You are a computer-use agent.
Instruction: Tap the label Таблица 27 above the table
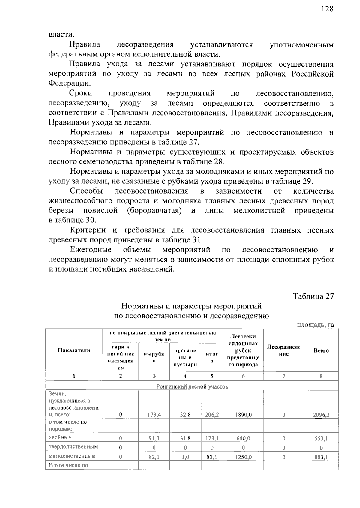pyautogui.click(x=313, y=296)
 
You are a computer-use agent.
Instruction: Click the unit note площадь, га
pyautogui.click(x=315, y=325)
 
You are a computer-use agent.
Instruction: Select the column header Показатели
pyautogui.click(x=74, y=350)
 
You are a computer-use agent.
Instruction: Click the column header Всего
pyautogui.click(x=321, y=350)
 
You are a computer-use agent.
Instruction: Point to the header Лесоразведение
pyautogui.click(x=283, y=350)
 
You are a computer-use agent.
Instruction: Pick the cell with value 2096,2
pyautogui.click(x=321, y=415)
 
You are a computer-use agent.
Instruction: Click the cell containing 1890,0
pyautogui.click(x=243, y=415)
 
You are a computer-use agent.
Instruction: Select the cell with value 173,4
pyautogui.click(x=154, y=415)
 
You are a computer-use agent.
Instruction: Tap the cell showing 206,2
pyautogui.click(x=212, y=415)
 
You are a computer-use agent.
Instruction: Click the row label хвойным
pyautogui.click(x=60, y=437)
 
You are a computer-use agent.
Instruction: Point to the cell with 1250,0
pyautogui.click(x=243, y=457)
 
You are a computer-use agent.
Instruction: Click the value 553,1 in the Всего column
pyautogui.click(x=321, y=438)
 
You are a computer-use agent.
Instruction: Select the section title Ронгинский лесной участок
pyautogui.click(x=192, y=386)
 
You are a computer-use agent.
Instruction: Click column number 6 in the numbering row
pyautogui.click(x=243, y=376)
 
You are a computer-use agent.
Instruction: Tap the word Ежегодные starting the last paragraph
pyautogui.click(x=91, y=250)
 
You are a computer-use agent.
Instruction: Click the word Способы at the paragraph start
pyautogui.click(x=86, y=191)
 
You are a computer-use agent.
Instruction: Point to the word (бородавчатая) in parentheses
pyautogui.click(x=154, y=211)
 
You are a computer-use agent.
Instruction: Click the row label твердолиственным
pyautogui.click(x=73, y=446)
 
